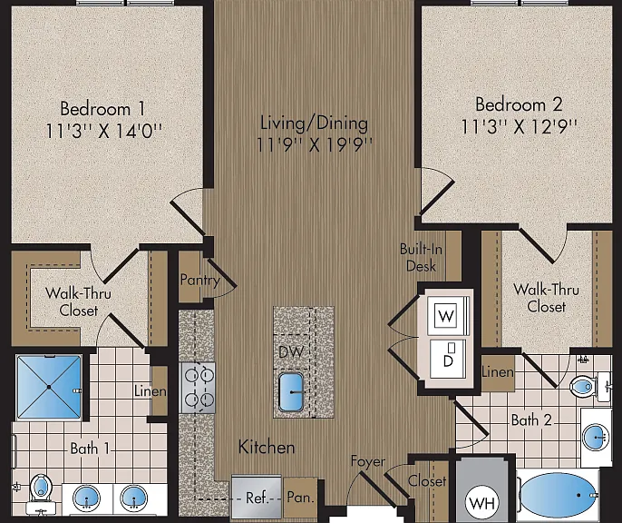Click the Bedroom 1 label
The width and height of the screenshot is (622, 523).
pos(102,109)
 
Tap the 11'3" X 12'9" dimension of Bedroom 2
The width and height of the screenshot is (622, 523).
pos(519,127)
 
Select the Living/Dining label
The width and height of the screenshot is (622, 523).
pos(314,123)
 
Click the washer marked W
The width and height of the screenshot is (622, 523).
pos(447,316)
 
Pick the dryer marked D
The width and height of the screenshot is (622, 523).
pos(448,359)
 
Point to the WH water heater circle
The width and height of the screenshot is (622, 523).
pos(482,503)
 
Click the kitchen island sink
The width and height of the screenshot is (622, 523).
pos(291,391)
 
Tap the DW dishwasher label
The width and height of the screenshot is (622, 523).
pos(291,351)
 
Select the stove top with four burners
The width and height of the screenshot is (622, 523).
pos(199,388)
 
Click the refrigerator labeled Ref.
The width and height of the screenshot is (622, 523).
pos(257,497)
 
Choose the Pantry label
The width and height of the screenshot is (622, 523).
pos(199,280)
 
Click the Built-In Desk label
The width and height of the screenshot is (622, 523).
pos(421,257)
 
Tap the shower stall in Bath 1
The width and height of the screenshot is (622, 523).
pos(49,387)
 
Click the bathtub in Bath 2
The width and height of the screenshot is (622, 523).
pos(559,495)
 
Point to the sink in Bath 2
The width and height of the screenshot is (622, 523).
pos(596,438)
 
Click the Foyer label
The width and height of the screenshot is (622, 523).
pos(368,461)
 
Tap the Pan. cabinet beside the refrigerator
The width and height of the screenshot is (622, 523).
pos(300,498)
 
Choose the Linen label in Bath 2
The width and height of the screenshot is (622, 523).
pos(498,372)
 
